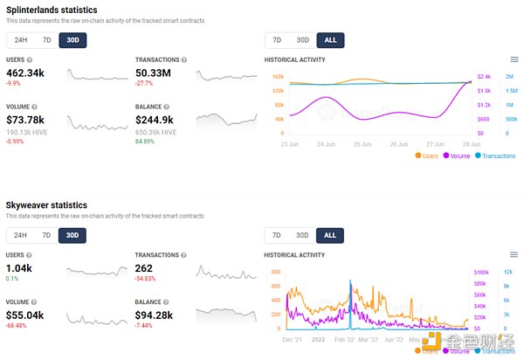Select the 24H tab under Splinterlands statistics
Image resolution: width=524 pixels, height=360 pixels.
pyautogui.click(x=20, y=40)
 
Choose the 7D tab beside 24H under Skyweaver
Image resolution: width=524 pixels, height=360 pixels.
pyautogui.click(x=46, y=236)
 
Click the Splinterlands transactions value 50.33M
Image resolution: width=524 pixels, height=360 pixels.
pyautogui.click(x=159, y=73)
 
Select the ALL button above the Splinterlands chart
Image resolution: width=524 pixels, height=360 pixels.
pyautogui.click(x=330, y=40)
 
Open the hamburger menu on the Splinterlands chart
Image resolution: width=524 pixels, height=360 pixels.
pyautogui.click(x=514, y=59)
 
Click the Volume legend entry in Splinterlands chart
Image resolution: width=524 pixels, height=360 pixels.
pyautogui.click(x=458, y=156)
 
